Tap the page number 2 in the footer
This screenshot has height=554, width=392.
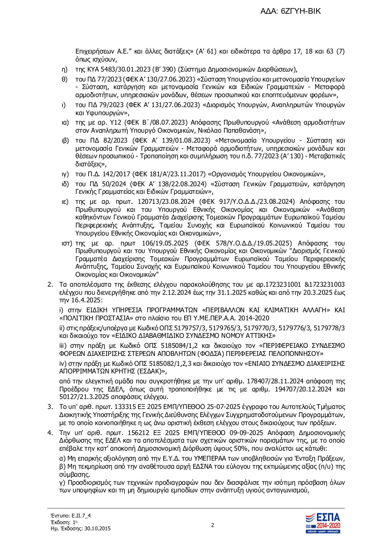[x=213, y=525]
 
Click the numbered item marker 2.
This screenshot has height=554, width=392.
[x=48, y=284]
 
